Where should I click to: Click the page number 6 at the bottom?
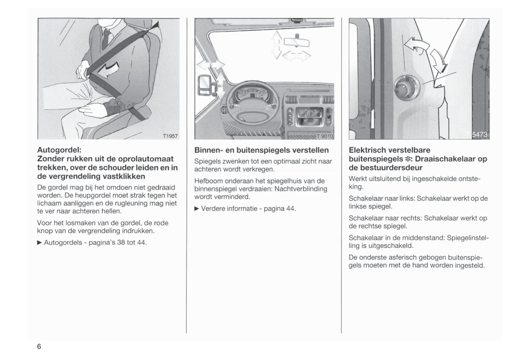tap(39, 347)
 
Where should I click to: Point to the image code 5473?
tap(479, 135)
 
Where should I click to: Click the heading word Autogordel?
tap(59, 150)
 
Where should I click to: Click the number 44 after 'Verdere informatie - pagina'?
tap(290, 208)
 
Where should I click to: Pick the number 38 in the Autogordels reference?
tap(121, 242)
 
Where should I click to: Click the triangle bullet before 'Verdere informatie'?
tap(197, 208)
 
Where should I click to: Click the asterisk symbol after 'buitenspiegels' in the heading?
tap(399, 159)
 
